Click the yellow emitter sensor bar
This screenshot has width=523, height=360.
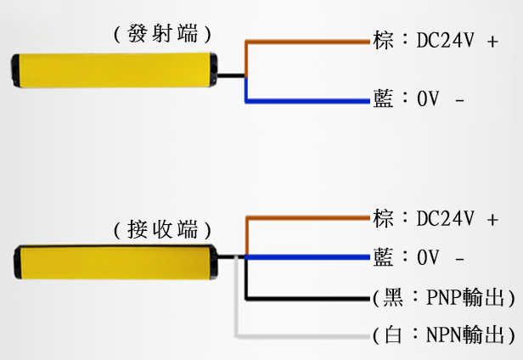point(110,69)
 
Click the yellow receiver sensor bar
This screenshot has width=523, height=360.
point(115,260)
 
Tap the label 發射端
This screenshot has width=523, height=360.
point(161,34)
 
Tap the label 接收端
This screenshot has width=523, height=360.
point(161,228)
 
